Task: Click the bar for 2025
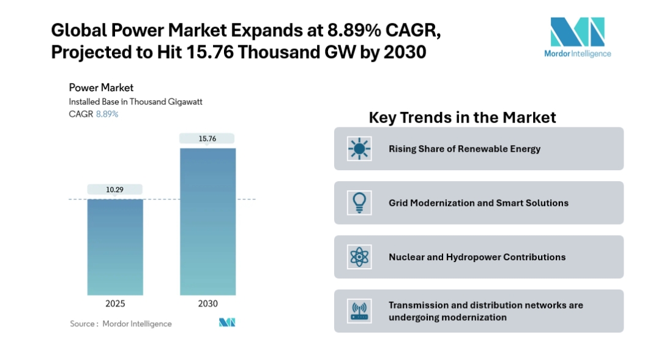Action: pyautogui.click(x=115, y=247)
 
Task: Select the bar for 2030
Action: pyautogui.click(x=207, y=222)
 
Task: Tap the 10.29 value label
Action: pyautogui.click(x=115, y=190)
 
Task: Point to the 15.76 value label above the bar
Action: pyautogui.click(x=207, y=138)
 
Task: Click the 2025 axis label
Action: pyautogui.click(x=115, y=304)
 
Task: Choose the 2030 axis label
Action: pyautogui.click(x=207, y=304)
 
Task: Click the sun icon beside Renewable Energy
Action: pyautogui.click(x=359, y=149)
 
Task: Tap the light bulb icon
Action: pyautogui.click(x=359, y=203)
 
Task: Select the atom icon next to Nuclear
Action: pyautogui.click(x=359, y=257)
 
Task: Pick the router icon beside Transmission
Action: pyautogui.click(x=359, y=311)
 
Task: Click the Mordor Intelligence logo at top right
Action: pyautogui.click(x=577, y=37)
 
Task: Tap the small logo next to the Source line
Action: pyautogui.click(x=227, y=323)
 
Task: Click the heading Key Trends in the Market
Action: pyautogui.click(x=462, y=117)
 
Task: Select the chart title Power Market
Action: pyautogui.click(x=101, y=88)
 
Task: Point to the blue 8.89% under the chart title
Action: pyautogui.click(x=107, y=114)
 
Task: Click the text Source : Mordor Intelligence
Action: pyautogui.click(x=121, y=323)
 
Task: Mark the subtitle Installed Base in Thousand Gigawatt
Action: pyautogui.click(x=135, y=102)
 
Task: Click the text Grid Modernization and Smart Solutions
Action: pyautogui.click(x=478, y=203)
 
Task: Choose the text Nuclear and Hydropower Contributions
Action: pyautogui.click(x=477, y=257)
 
